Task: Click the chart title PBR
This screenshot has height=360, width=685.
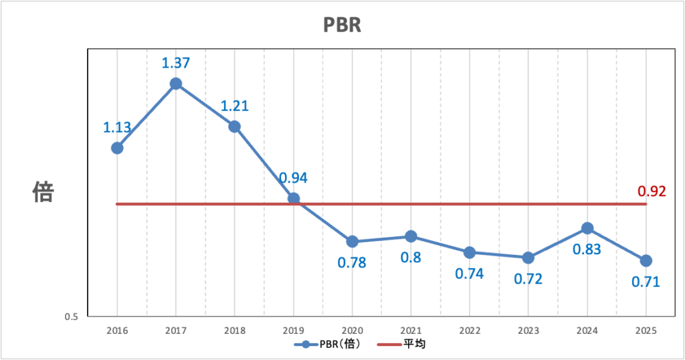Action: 342,25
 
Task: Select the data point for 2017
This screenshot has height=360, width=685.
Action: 176,84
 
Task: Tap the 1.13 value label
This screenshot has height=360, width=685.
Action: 117,127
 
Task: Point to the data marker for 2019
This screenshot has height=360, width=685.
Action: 293,199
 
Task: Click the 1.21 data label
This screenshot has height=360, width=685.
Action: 235,106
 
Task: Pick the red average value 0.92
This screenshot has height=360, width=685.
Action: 652,192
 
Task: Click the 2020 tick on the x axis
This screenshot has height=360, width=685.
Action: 352,331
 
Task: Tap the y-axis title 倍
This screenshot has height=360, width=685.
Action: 43,193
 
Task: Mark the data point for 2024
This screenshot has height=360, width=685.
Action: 587,228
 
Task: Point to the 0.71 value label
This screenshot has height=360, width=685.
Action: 646,282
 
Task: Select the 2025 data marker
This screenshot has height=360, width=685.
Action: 646,260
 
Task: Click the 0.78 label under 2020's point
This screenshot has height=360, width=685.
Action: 352,262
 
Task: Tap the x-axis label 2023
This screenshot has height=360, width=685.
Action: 528,331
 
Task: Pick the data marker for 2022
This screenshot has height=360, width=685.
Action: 470,252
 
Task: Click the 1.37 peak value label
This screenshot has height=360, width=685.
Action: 176,64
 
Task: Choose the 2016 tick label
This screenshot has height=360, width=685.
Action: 117,331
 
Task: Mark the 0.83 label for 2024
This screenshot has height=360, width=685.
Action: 587,250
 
